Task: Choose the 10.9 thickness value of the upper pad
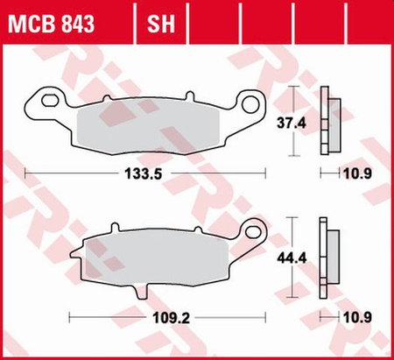(x=353, y=174)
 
